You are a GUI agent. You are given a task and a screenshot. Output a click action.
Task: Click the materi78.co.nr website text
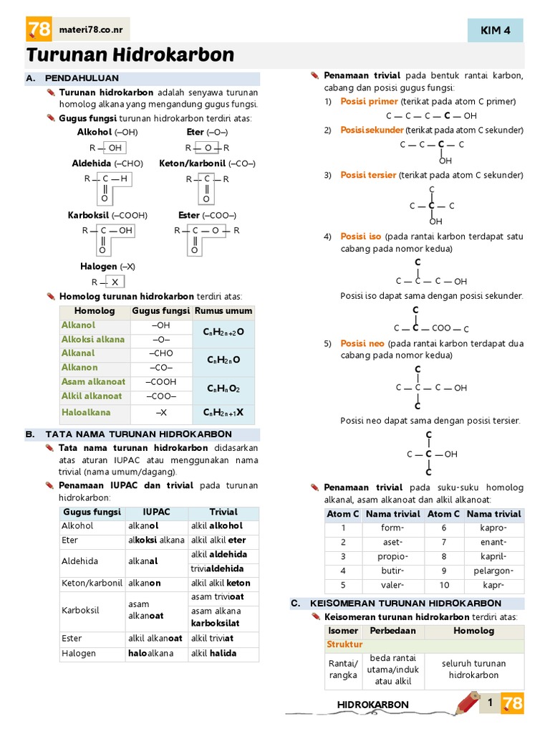(x=91, y=29)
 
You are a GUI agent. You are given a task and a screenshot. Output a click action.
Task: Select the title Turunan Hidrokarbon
(x=130, y=55)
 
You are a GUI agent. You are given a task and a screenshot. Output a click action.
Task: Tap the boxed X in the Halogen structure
(x=115, y=282)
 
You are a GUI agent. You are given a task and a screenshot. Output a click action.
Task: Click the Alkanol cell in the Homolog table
(x=78, y=325)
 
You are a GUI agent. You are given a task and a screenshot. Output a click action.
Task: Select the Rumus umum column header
(x=223, y=311)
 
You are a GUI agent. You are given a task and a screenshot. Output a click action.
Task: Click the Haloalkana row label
(x=86, y=412)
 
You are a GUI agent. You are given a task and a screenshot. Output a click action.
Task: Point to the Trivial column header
(x=223, y=512)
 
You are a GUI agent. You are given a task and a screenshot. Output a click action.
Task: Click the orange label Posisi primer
(x=369, y=101)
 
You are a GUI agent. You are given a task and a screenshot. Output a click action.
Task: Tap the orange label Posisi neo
(x=362, y=343)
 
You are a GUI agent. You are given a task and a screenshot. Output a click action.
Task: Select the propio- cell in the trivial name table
(x=392, y=556)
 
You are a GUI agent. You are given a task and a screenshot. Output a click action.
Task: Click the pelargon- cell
(x=494, y=571)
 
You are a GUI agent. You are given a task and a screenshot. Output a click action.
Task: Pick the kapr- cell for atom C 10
(x=494, y=585)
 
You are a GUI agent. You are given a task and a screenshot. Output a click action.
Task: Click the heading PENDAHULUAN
(x=82, y=77)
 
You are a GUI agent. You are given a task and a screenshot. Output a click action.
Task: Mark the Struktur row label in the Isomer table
(x=345, y=644)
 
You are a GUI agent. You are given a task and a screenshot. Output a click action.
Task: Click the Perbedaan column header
(x=392, y=631)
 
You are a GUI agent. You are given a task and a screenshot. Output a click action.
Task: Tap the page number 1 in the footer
(x=490, y=703)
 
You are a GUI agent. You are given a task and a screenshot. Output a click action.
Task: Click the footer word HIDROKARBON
(x=373, y=705)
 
